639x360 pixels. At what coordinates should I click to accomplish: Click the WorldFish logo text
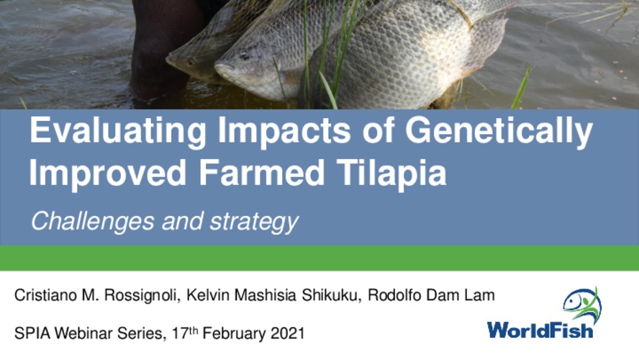click(x=540, y=330)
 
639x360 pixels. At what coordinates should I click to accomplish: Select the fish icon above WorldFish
click(x=581, y=302)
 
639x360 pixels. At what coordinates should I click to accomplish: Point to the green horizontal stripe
click(x=319, y=258)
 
